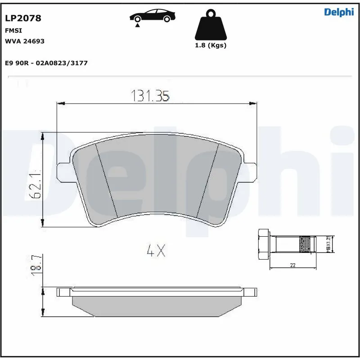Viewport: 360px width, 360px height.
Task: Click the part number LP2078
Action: (23, 18)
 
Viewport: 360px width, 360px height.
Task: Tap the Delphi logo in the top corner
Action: (339, 13)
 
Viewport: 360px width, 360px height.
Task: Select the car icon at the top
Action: (153, 16)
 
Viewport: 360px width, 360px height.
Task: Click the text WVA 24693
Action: (24, 41)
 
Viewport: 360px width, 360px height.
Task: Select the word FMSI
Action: (13, 30)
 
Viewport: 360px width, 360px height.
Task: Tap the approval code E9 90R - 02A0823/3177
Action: (46, 63)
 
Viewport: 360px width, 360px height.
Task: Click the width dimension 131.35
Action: (150, 95)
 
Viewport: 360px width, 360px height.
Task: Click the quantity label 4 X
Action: (156, 251)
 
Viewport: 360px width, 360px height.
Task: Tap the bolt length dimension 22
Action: (292, 265)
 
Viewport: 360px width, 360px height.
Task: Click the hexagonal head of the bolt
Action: (263, 245)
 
